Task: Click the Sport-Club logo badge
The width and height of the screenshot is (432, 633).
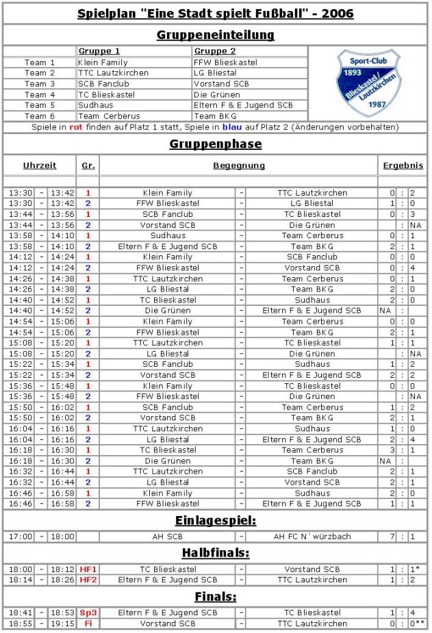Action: tap(368, 82)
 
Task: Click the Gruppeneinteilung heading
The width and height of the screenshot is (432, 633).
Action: tap(216, 35)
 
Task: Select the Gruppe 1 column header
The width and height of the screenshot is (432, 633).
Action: tap(99, 51)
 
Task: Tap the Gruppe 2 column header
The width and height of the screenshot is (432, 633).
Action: tap(215, 51)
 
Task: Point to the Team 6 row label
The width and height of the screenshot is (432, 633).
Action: tap(40, 116)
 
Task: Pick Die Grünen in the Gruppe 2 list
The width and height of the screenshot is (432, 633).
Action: tap(217, 94)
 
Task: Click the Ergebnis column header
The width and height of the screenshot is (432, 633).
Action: tap(403, 166)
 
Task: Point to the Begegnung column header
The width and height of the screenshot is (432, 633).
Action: tap(239, 166)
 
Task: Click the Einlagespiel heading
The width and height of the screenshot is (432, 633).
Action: tap(216, 521)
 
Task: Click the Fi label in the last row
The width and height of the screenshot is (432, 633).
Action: tap(88, 623)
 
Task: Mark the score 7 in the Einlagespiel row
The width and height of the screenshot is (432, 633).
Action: tap(392, 537)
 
